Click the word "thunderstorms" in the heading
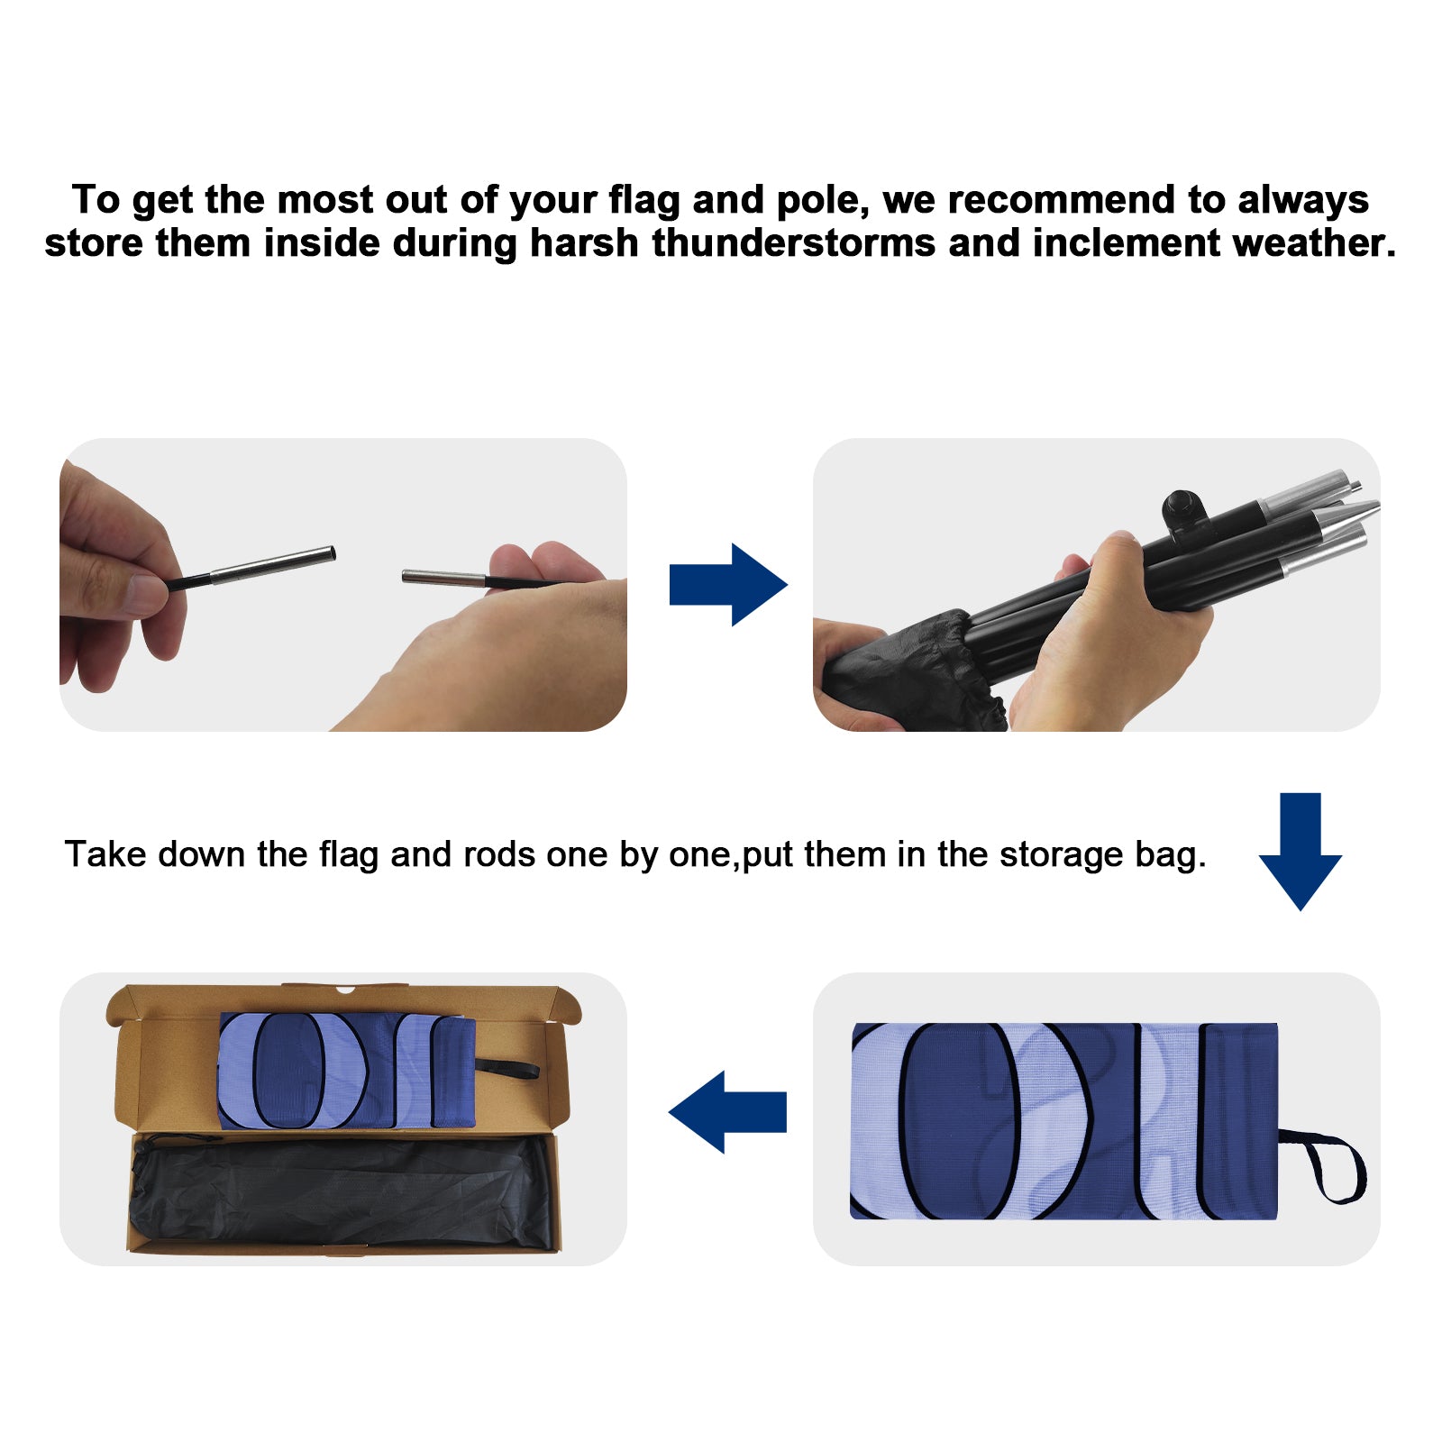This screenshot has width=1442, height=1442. pos(794,243)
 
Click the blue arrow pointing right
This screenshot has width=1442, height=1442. pos(728,585)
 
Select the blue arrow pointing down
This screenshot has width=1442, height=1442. pos(1300,852)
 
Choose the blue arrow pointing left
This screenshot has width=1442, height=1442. pos(727,1111)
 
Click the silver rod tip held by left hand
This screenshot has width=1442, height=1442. pos(273,564)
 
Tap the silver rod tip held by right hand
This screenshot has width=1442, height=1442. pos(443,578)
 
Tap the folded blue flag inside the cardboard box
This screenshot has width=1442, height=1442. pos(347,1070)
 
